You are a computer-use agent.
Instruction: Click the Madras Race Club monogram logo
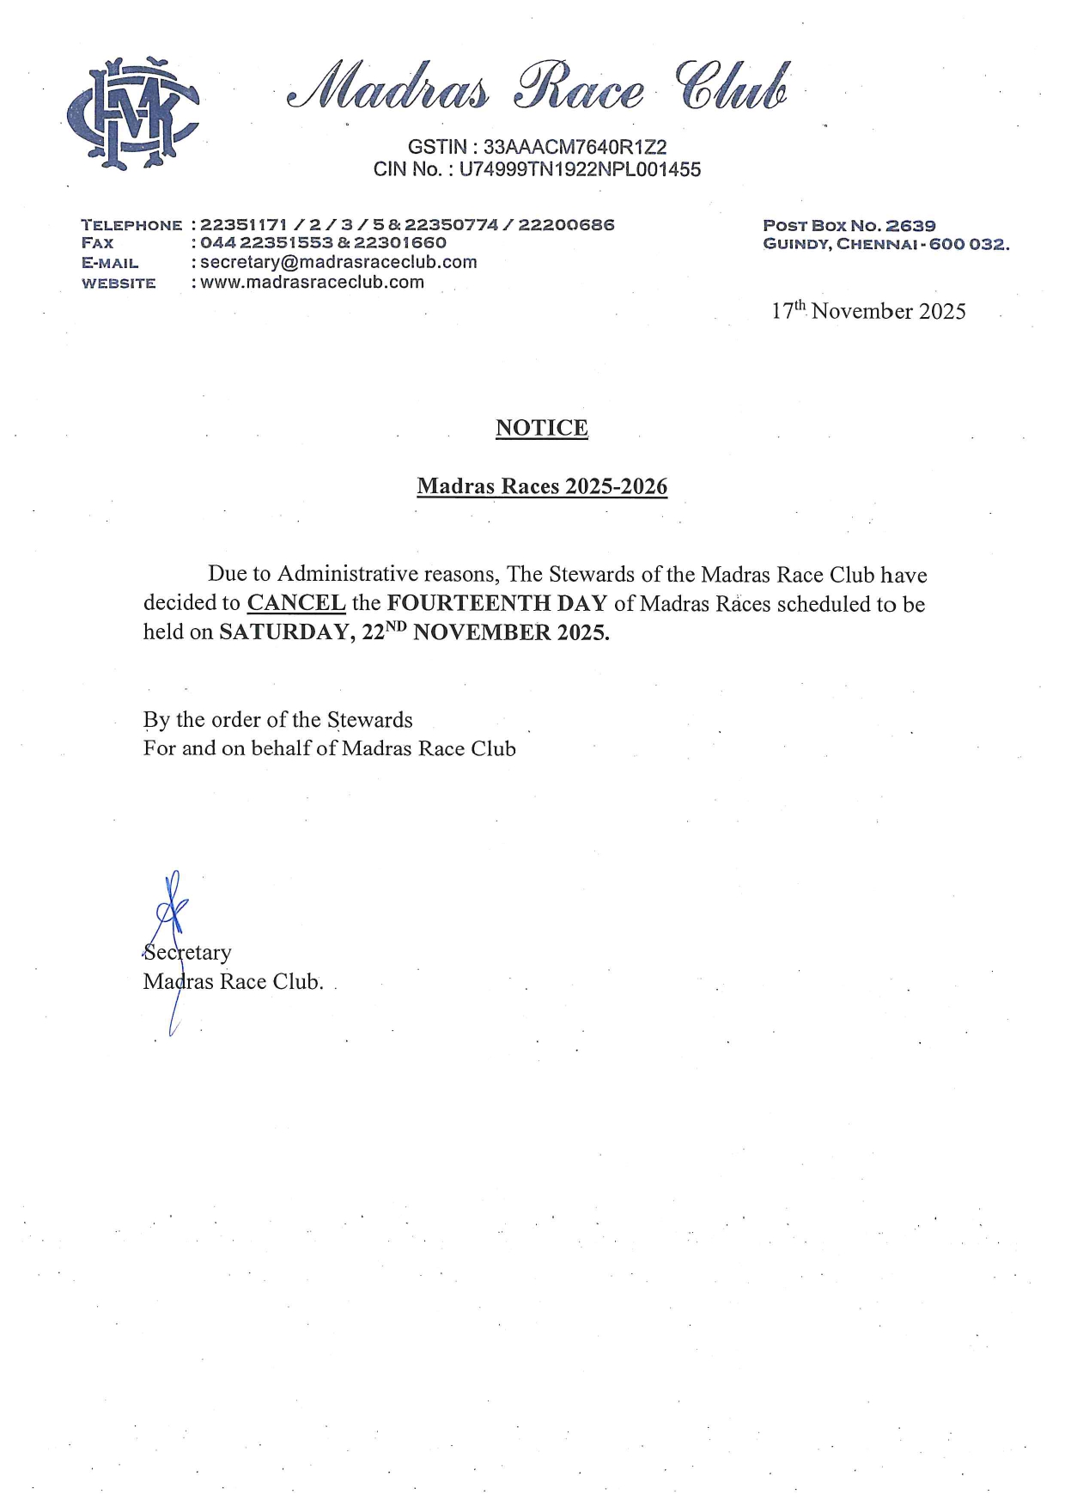132,113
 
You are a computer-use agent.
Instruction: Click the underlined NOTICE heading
541,428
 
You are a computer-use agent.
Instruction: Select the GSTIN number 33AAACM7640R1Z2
575,148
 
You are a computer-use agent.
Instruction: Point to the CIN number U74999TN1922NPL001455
580,169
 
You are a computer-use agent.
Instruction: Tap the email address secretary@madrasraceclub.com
338,262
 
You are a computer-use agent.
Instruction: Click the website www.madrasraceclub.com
312,282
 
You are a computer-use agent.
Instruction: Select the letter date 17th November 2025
867,311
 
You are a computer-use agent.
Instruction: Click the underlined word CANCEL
296,603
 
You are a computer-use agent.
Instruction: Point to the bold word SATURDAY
284,632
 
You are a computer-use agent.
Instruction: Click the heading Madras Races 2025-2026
541,486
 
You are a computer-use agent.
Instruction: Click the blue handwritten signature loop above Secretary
172,902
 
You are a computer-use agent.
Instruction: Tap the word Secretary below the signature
187,953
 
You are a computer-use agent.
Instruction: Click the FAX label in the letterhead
97,243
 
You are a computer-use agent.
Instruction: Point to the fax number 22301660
400,243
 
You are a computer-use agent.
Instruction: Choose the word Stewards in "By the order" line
370,720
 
